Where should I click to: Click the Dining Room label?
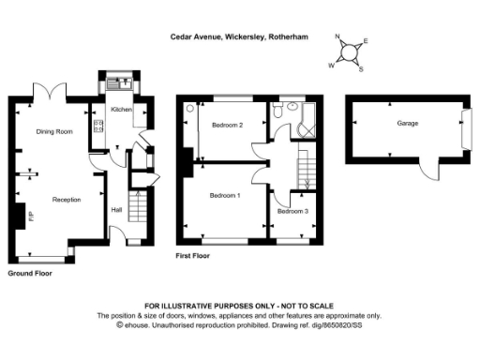coord(53,131)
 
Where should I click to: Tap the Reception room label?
coord(66,200)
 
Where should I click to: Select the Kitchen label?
coord(122,110)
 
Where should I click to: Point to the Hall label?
coord(116,209)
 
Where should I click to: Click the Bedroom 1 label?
coord(225,195)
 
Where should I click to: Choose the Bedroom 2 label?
coord(227,125)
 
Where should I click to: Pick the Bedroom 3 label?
coord(292,212)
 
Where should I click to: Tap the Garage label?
coord(407,123)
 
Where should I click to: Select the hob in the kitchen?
coord(97,128)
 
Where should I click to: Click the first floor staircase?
coord(307,169)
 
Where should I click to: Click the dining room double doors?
coord(52,91)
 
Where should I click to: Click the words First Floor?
coord(192,255)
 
